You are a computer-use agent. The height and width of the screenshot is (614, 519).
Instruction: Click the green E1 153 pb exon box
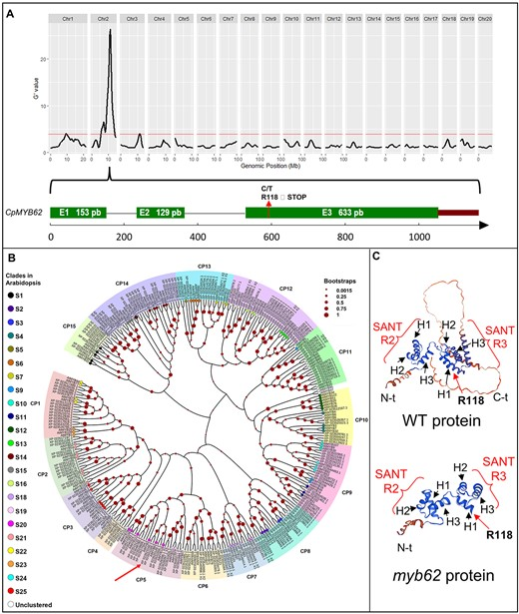[78, 213]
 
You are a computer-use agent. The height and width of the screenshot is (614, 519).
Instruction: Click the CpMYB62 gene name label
[25, 213]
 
